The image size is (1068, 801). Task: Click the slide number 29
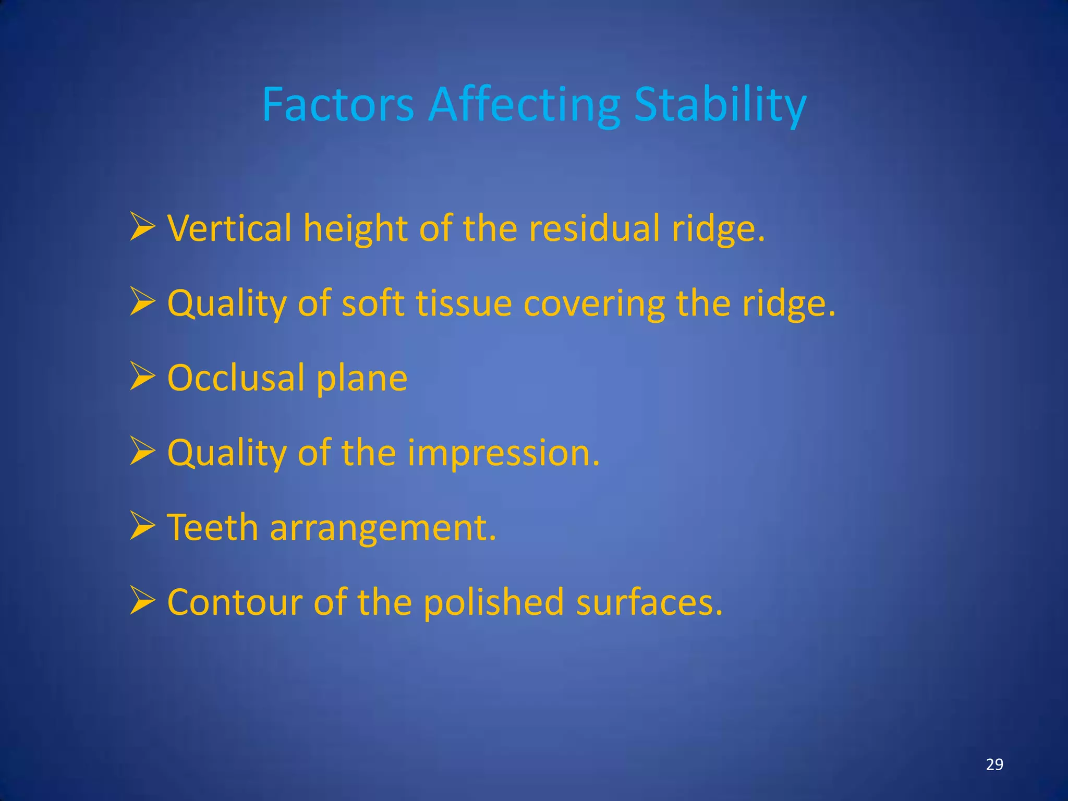[994, 764]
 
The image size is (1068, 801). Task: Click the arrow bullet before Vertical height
[142, 227]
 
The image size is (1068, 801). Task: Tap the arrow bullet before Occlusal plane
[142, 377]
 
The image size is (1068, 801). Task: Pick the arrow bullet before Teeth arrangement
[142, 526]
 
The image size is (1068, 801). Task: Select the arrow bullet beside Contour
[142, 601]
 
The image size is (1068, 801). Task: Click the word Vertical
[229, 228]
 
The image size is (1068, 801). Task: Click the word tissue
[464, 304]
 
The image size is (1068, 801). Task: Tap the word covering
[594, 304]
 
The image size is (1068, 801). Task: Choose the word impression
[503, 453]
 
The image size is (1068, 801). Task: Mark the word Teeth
[212, 527]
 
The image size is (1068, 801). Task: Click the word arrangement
[383, 528]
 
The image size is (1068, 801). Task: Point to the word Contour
[235, 602]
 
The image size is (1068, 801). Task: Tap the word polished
[493, 602]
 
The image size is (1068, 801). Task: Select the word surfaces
[649, 602]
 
